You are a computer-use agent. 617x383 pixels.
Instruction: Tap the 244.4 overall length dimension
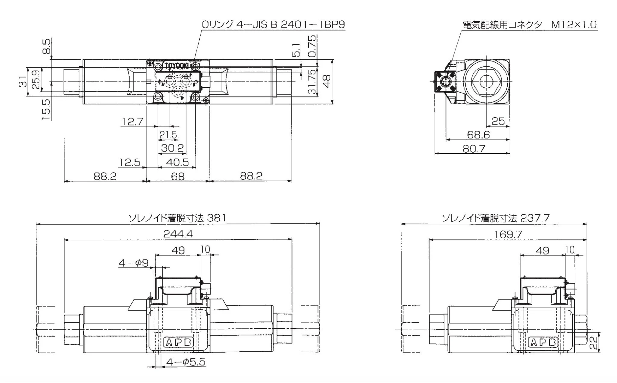point(178,234)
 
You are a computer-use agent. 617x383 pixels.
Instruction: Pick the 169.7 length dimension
point(508,234)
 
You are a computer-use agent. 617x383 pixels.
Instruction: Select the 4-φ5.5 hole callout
point(186,362)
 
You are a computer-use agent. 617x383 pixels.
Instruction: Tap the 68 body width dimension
point(177,176)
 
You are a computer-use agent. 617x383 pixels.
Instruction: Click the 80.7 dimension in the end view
point(474,149)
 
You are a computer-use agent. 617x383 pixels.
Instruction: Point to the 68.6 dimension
point(478,135)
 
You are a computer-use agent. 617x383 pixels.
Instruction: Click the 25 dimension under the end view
point(498,121)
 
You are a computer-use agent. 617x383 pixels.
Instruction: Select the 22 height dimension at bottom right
point(593,343)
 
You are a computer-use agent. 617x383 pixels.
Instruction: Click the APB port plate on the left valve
point(178,342)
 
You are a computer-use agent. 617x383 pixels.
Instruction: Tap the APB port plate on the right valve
point(543,342)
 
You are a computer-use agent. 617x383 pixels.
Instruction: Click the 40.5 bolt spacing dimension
point(177,163)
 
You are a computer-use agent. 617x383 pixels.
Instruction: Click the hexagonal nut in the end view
point(487,81)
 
